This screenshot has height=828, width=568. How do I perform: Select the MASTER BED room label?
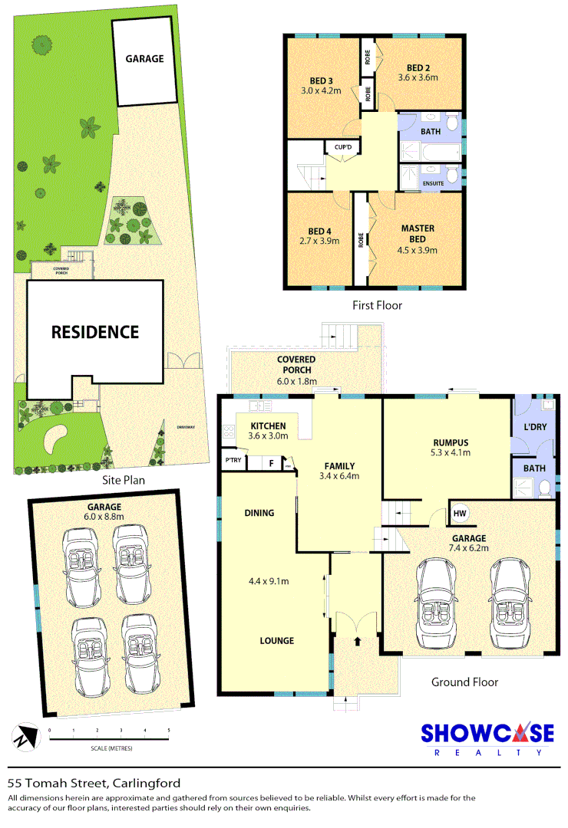click(418, 228)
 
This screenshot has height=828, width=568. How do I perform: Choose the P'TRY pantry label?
click(233, 460)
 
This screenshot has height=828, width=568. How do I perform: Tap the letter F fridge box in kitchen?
click(271, 462)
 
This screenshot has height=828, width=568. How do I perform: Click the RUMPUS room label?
click(451, 442)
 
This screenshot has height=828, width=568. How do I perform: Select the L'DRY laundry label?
click(534, 426)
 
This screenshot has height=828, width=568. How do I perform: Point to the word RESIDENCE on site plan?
click(95, 332)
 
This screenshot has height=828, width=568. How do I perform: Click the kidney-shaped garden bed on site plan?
click(57, 439)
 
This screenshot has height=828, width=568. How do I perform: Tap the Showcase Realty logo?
click(487, 738)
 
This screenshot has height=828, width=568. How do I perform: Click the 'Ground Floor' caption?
click(464, 682)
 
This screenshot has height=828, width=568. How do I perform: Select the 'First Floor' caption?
click(377, 305)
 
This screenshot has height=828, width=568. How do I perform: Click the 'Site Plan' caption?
click(124, 480)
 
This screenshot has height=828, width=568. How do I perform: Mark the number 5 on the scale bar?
click(168, 730)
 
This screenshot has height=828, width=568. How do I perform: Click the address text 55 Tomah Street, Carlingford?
click(94, 783)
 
